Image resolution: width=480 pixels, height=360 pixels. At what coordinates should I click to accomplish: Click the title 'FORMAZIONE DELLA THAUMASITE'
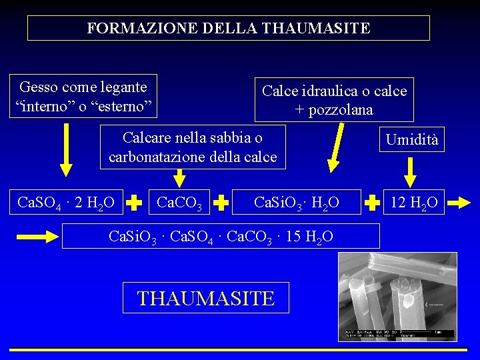pos(228,28)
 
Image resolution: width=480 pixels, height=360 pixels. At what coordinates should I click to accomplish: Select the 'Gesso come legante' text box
pos(83,96)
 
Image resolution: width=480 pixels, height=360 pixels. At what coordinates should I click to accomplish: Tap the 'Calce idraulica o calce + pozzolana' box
pos(334,100)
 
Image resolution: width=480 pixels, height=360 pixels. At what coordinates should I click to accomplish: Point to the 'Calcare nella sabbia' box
pos(193,147)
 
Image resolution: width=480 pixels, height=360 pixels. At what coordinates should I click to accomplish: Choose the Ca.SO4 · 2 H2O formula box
pos(65,202)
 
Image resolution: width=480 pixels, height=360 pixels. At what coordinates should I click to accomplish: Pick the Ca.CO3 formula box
pos(178,202)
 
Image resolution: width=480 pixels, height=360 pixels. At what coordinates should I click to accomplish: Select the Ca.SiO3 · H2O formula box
pos(296,202)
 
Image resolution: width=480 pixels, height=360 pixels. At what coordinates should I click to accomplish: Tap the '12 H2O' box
pos(415,202)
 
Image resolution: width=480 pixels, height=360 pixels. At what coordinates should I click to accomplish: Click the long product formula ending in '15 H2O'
pos(221,236)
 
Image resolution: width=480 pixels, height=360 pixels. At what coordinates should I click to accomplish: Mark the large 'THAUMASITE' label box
pos(206,297)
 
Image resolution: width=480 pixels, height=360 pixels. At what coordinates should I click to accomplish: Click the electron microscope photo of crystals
pos(397,297)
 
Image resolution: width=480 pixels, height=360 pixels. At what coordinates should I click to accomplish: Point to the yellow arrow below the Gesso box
pos(65,149)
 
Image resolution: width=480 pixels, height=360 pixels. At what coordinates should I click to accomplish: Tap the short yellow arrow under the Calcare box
pos(179,177)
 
